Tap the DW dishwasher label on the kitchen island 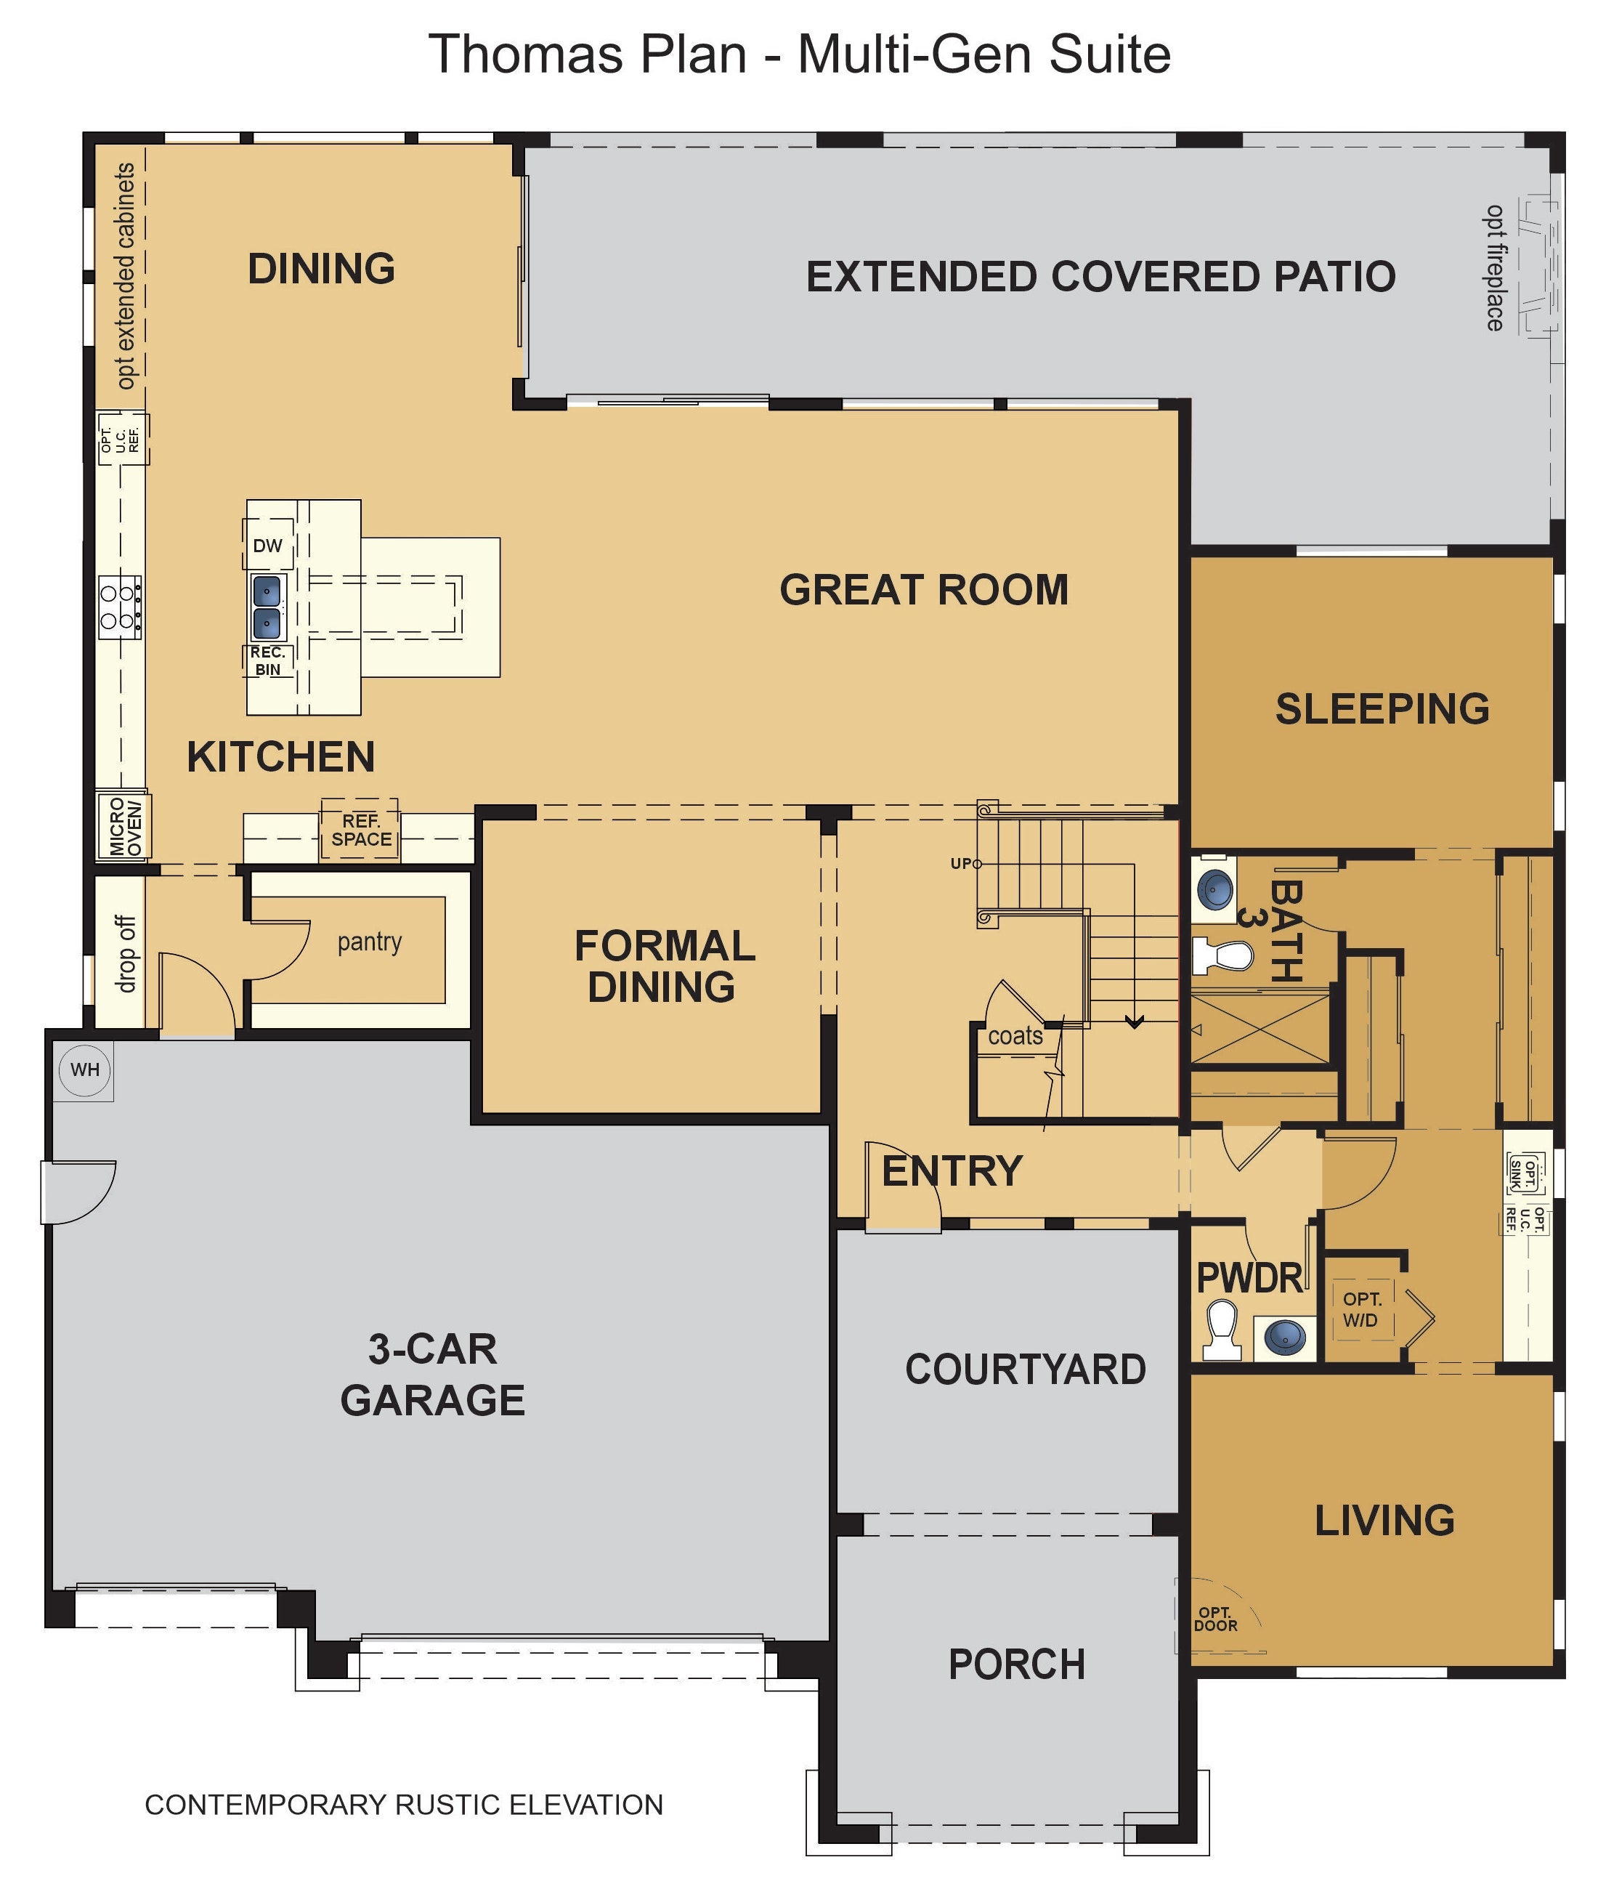(267, 546)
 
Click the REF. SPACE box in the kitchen (360, 830)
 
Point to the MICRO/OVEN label (125, 826)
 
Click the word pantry (370, 942)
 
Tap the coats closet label (1015, 1035)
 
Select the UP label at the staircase (961, 863)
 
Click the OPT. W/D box (1360, 1310)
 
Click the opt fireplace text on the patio (1495, 268)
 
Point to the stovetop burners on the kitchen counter (120, 607)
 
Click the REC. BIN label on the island (267, 661)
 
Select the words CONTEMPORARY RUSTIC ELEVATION (404, 1805)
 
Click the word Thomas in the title (525, 54)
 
